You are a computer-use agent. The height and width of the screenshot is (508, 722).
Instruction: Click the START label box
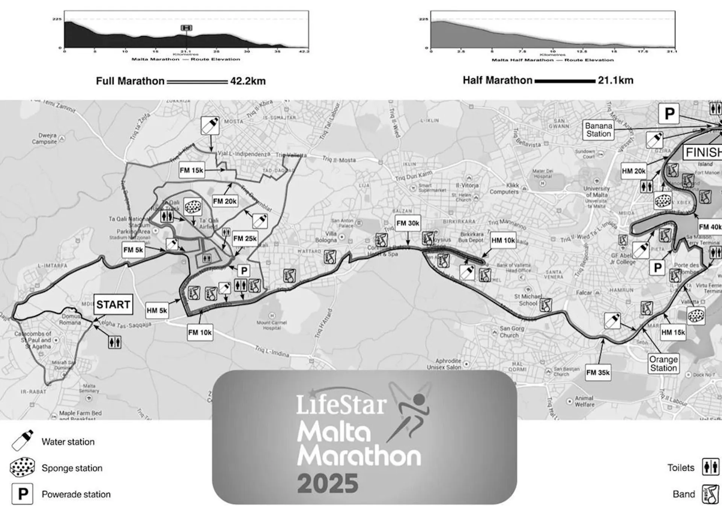[x=113, y=304]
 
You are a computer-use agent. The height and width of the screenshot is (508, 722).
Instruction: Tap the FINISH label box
[x=702, y=152]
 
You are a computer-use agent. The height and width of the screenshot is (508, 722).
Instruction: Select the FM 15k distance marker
[x=191, y=170]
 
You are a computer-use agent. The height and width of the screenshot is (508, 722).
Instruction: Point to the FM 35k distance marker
[x=598, y=373]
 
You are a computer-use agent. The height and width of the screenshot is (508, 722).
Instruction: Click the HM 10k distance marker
[x=503, y=240]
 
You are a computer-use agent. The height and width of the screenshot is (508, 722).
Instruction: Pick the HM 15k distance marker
[x=673, y=332]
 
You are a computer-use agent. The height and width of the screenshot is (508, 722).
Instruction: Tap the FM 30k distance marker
[x=408, y=223]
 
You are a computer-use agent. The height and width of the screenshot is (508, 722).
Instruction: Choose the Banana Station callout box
[x=598, y=130]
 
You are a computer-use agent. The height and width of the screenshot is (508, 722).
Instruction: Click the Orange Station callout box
[x=663, y=364]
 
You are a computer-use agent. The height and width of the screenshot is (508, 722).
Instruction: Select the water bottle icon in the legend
[x=23, y=441]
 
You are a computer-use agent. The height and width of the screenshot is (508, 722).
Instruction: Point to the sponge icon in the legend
[x=23, y=468]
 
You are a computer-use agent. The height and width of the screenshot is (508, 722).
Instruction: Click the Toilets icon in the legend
[x=711, y=467]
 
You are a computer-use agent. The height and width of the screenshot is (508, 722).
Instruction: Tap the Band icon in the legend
[x=711, y=494]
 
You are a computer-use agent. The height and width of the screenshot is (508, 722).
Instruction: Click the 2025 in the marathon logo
[x=328, y=484]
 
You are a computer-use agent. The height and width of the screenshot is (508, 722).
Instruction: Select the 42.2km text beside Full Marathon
[x=248, y=81]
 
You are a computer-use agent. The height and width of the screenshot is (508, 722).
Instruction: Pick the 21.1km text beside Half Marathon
[x=616, y=80]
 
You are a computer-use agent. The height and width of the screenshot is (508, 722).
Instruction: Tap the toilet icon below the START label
[x=114, y=342]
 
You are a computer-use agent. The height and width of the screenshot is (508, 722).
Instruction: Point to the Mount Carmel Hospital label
[x=272, y=325]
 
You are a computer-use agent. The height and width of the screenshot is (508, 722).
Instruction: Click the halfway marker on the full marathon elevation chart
[x=187, y=28]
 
